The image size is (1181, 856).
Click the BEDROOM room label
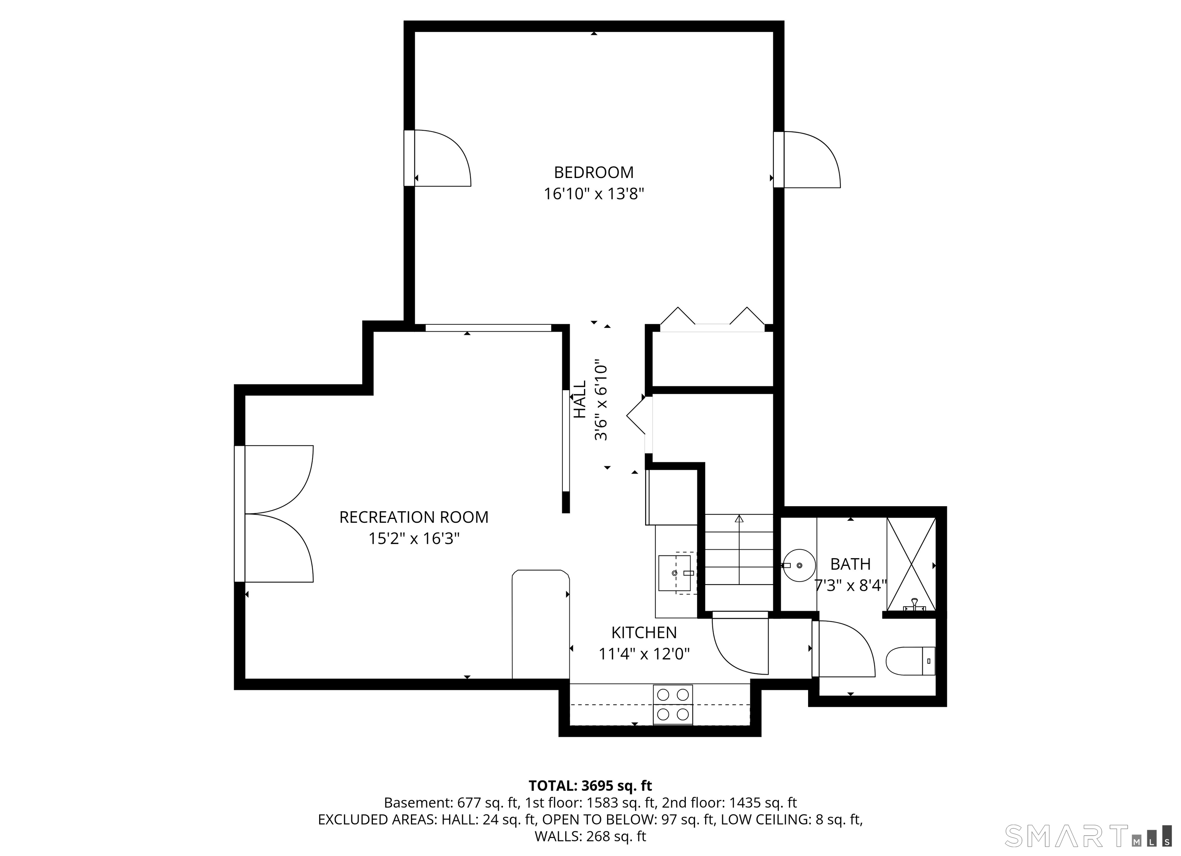tap(594, 172)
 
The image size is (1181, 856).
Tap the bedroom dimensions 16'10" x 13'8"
tap(594, 194)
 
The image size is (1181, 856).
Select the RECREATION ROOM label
tap(414, 517)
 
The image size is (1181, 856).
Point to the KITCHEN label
tap(644, 633)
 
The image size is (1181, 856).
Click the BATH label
tap(850, 564)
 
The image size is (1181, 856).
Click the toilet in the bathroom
tap(910, 661)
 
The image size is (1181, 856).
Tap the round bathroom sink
tap(799, 565)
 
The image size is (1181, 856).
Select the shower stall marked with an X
tap(911, 564)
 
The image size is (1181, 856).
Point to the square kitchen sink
tap(675, 573)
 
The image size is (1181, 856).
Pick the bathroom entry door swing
tap(845, 649)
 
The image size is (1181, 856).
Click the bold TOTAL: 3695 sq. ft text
tap(590, 786)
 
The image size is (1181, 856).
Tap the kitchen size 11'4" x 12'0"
tap(644, 654)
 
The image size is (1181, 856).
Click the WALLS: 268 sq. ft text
tap(590, 836)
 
